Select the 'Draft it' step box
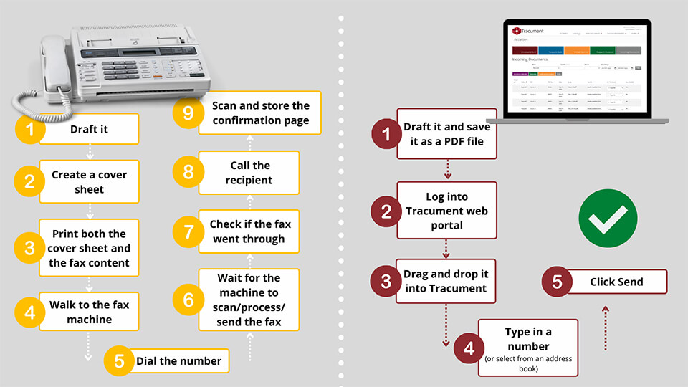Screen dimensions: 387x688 pos(89,130)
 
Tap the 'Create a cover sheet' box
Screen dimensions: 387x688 pos(89,181)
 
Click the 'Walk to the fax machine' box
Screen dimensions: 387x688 pos(89,312)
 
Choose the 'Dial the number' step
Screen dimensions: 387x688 pos(178,361)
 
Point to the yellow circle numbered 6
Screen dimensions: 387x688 pos(188,300)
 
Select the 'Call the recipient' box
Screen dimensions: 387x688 pos(249,173)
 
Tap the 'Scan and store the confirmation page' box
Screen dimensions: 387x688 pos(260,113)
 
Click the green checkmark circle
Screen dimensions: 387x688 pos(607,219)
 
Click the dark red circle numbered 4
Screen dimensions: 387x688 pos(469,349)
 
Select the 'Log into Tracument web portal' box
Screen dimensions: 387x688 pos(446,210)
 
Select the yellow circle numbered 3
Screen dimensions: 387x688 pos(29,248)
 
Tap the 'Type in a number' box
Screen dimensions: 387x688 pos(527,348)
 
